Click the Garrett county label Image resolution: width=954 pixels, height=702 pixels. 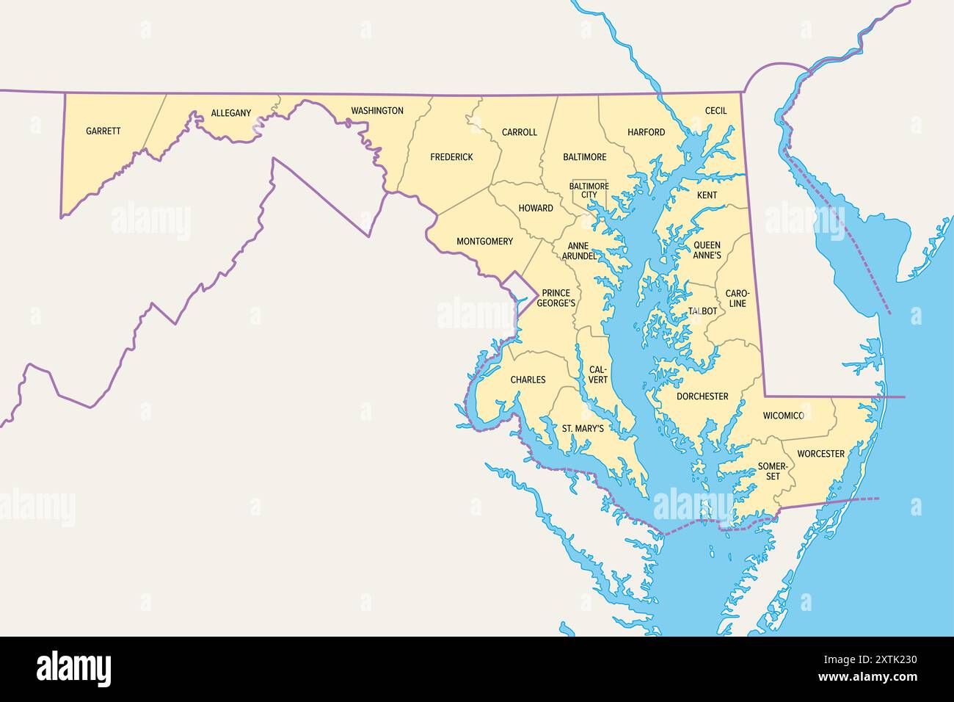tap(103, 131)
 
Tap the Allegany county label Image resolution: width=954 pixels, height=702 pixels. tap(230, 113)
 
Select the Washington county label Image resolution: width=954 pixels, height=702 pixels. tap(376, 111)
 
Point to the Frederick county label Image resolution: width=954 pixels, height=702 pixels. tap(451, 157)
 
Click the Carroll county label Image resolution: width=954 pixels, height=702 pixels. tap(519, 132)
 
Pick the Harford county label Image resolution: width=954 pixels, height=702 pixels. tap(646, 132)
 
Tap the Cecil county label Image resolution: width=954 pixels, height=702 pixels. tap(715, 111)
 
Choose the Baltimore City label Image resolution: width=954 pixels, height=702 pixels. tap(589, 190)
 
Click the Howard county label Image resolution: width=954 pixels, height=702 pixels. tap(536, 209)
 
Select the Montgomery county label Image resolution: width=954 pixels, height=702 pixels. tap(484, 242)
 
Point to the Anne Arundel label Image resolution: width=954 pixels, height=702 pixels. tap(579, 251)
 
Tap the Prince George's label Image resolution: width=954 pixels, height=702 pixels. tap(556, 298)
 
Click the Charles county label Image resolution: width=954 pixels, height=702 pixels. tap(528, 380)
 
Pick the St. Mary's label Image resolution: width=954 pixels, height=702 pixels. tap(583, 428)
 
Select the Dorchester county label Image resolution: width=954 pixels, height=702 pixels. tap(702, 397)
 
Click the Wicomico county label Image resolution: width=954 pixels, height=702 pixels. tap(783, 416)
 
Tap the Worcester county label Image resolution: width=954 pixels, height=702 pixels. tap(820, 454)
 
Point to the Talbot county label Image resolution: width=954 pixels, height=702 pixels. tap(702, 311)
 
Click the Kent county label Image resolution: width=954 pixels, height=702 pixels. tap(707, 195)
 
